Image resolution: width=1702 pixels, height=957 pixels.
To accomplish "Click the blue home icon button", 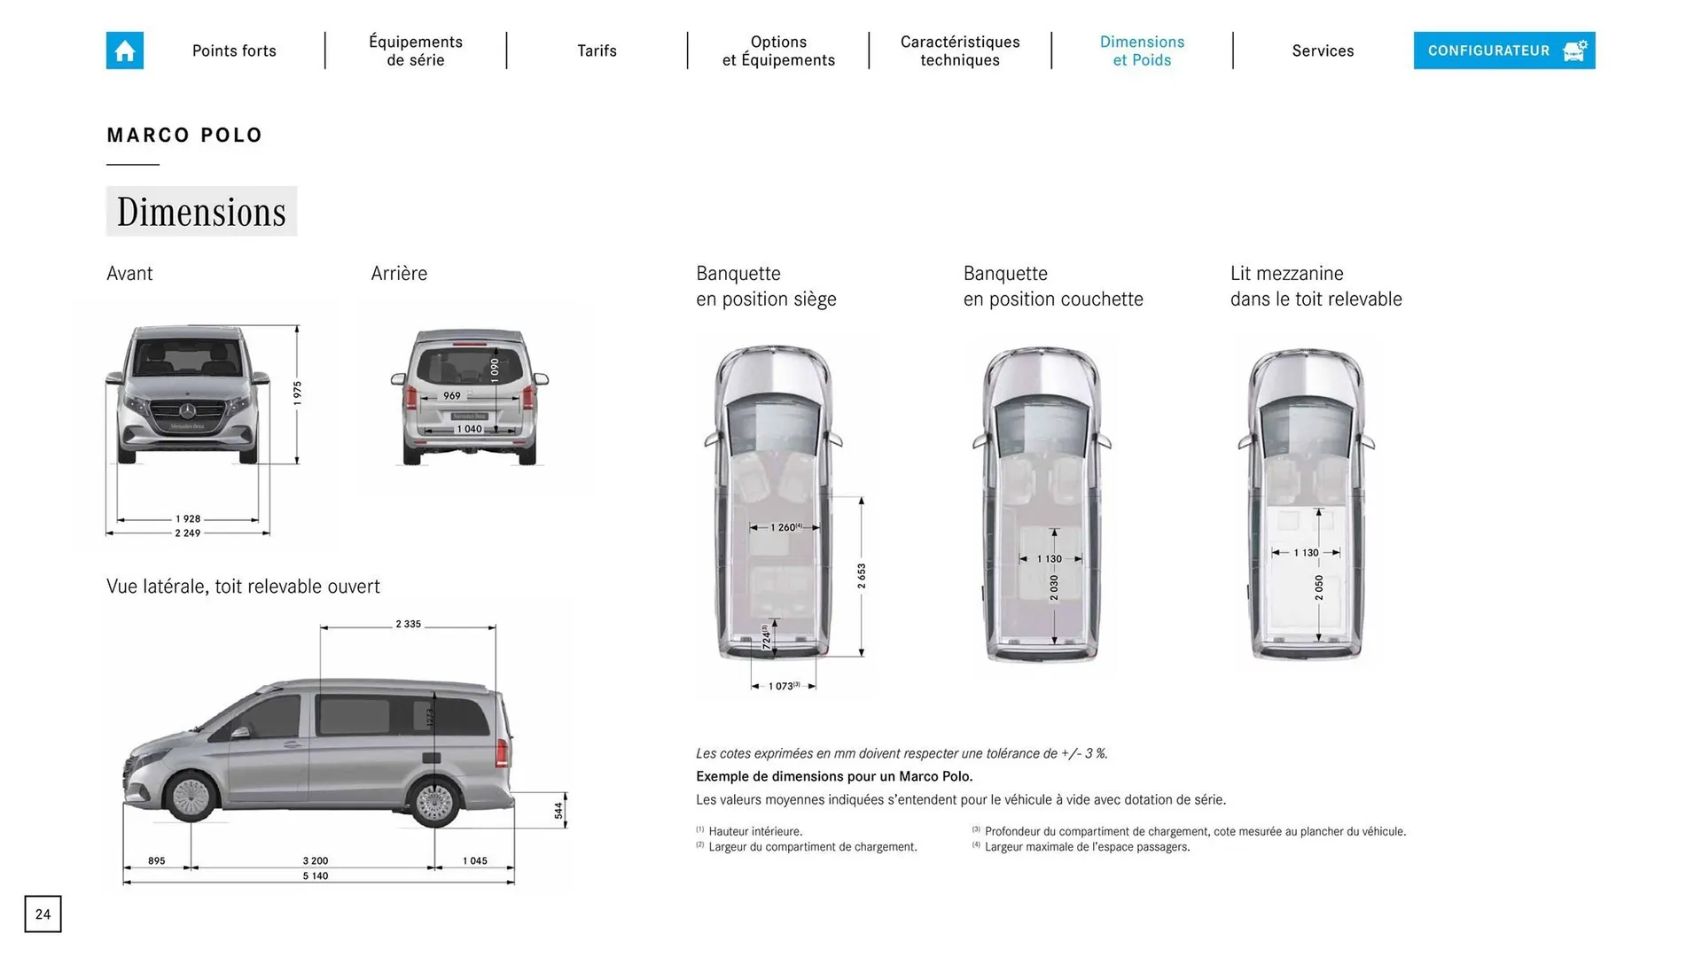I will point(125,51).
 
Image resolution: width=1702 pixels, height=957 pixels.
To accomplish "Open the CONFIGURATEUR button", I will point(1503,51).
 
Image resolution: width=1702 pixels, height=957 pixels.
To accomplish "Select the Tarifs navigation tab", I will point(597,51).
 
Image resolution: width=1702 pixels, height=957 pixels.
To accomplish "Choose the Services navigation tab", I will point(1323,51).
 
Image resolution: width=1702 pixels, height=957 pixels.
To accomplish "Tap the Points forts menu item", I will point(234,51).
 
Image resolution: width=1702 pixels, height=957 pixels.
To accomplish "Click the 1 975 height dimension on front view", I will point(298,393).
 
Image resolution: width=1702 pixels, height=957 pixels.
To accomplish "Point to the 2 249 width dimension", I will point(188,533).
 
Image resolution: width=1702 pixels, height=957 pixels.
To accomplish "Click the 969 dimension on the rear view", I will point(452,396).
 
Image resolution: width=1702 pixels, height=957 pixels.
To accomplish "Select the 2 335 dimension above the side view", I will point(408,625).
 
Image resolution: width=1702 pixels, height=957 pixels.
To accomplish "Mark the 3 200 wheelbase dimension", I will point(315,861).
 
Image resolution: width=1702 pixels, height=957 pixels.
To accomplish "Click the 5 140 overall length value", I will point(315,876).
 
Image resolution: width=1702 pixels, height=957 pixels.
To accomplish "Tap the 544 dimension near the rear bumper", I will point(558,810).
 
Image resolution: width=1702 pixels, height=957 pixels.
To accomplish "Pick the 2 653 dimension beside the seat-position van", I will point(862,576).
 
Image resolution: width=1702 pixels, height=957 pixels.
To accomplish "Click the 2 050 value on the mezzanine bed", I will point(1319,587).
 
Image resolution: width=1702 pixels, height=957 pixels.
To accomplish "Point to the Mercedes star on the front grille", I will point(188,410).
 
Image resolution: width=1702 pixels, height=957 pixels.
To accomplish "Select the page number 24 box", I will point(43,914).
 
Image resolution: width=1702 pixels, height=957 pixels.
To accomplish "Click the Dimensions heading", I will point(201,212).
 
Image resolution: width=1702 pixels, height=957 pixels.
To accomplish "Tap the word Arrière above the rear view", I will point(399,274).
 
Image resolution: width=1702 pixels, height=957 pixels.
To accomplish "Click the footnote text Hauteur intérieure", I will point(754,832).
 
